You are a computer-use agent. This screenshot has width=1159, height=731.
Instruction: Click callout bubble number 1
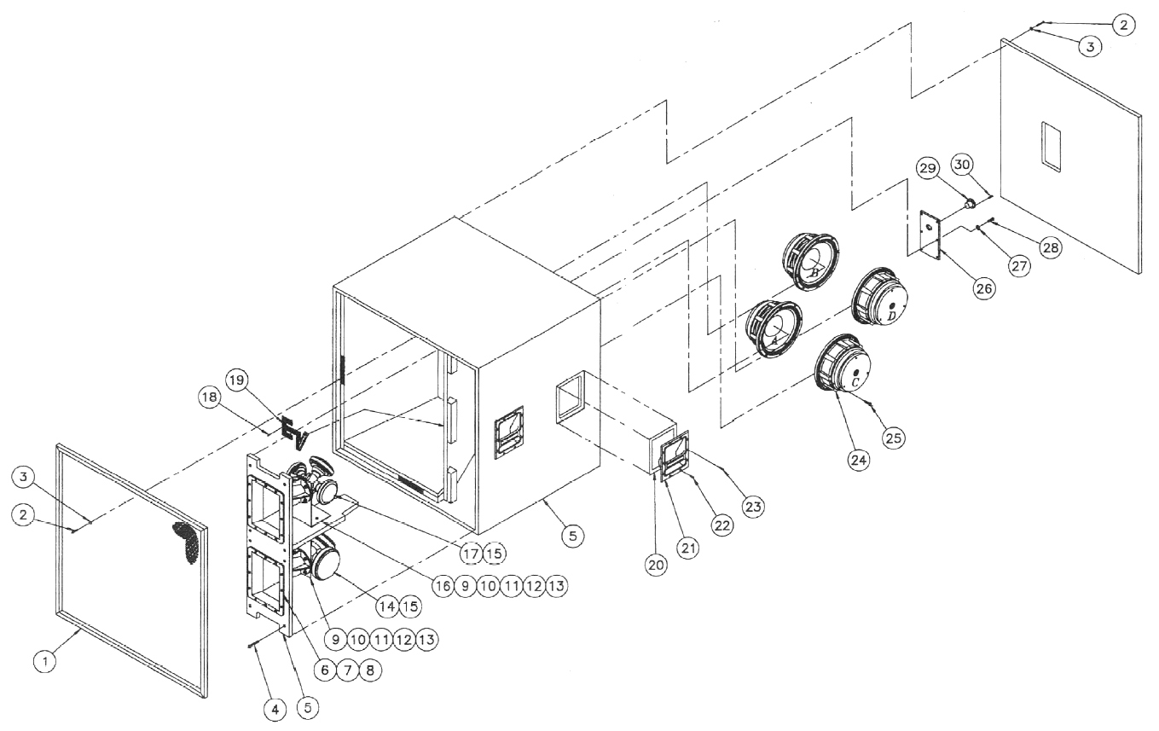tap(47, 660)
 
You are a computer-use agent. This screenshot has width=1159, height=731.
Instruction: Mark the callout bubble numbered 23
tap(753, 506)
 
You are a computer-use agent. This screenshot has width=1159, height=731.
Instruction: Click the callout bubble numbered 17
tap(471, 553)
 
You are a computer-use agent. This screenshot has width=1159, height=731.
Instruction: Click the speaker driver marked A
tap(774, 328)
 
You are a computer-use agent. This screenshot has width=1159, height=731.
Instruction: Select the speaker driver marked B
tap(814, 259)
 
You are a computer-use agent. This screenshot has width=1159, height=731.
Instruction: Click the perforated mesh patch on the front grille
tap(189, 539)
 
